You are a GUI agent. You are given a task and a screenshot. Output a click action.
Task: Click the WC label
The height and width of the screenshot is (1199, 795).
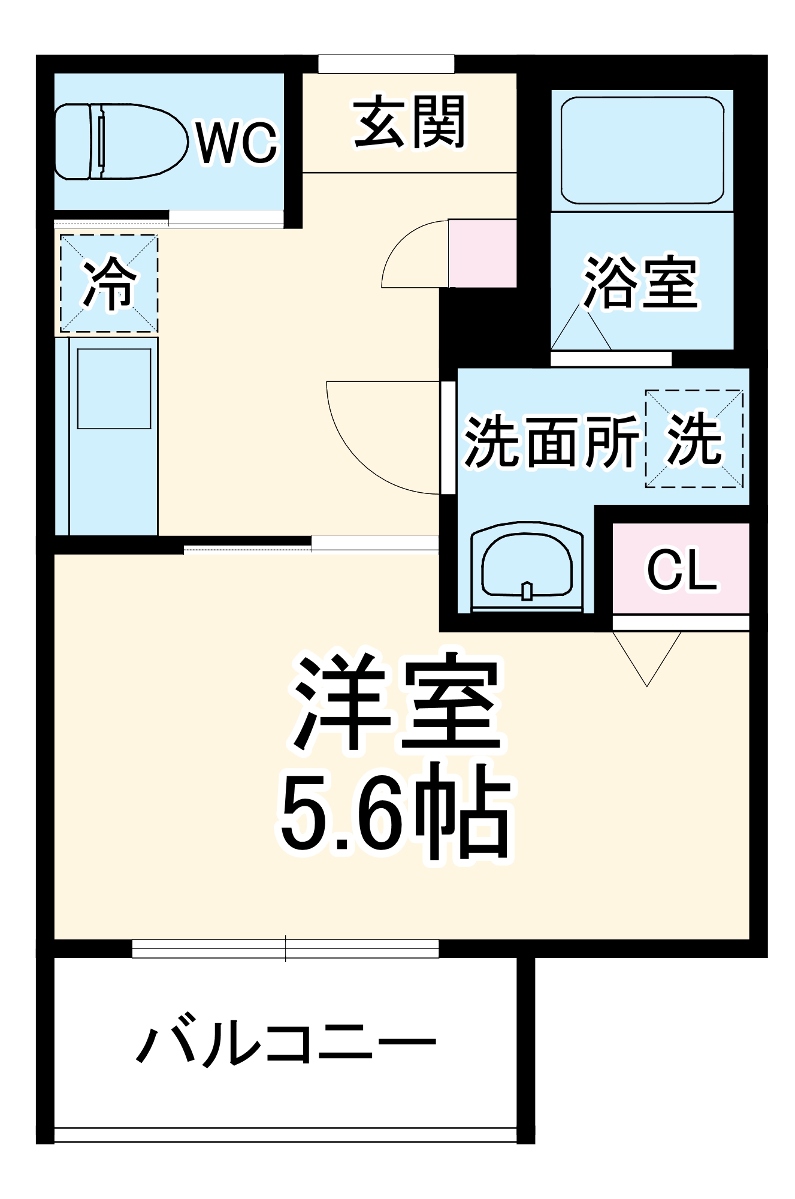tap(237, 143)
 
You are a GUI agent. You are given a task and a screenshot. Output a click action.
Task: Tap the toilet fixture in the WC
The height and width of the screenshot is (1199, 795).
tap(120, 141)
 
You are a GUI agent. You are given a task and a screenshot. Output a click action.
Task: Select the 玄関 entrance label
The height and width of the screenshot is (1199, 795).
tap(409, 122)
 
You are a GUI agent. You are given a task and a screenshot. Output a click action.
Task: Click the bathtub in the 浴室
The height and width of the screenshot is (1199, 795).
tap(642, 150)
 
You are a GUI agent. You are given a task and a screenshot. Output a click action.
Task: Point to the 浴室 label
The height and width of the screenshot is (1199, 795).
tap(641, 282)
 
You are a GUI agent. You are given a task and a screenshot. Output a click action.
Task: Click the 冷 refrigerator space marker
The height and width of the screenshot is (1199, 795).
tap(109, 283)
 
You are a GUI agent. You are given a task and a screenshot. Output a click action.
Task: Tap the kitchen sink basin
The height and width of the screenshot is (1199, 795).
tap(114, 388)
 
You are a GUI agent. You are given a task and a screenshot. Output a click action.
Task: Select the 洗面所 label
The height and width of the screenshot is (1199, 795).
tap(551, 442)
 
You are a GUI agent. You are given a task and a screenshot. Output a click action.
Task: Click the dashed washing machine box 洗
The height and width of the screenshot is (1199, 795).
tap(694, 439)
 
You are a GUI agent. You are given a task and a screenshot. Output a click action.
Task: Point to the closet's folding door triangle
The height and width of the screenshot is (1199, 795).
tap(647, 656)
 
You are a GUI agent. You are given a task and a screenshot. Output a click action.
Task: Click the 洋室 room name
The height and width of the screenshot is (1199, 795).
tap(395, 701)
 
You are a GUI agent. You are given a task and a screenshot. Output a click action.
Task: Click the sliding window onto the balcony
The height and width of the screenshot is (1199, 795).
tap(285, 948)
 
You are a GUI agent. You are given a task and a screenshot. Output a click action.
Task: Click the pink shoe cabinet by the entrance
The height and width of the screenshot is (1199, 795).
tap(482, 253)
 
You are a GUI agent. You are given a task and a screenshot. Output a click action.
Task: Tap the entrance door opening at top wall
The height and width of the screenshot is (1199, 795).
tap(386, 64)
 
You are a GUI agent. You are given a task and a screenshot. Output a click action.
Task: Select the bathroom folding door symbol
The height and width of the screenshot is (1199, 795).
tap(581, 330)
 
